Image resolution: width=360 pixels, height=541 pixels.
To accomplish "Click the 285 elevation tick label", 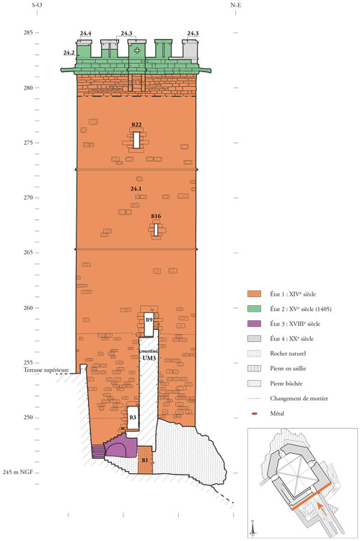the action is coord(28,32).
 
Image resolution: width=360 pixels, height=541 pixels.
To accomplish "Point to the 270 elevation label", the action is coord(28,198).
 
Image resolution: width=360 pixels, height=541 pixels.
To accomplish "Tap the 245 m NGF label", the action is coord(18,472).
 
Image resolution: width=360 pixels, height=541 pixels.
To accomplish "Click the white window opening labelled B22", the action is coord(136,140).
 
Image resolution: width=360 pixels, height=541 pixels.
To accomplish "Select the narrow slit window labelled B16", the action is coord(156,230).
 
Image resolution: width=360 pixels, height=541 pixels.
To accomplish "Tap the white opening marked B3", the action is coord(133,418).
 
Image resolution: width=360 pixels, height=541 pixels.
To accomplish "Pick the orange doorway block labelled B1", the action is coord(145,459).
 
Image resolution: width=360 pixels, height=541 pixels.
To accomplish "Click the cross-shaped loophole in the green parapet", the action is coord(137,50).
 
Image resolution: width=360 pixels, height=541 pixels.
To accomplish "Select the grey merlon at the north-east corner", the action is coord(190,51).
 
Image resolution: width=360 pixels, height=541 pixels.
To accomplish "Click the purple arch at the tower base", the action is coord(120,449).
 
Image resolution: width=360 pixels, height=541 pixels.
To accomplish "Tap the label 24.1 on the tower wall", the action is coord(136,189).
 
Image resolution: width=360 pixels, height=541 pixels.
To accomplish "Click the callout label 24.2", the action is coord(69,53).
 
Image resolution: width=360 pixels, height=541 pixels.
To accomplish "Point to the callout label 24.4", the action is coord(85,33).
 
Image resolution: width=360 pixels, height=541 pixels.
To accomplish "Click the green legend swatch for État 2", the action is coord(254,309).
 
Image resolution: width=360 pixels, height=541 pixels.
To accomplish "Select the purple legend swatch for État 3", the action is coord(254,324).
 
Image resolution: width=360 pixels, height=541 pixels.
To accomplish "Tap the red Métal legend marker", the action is coord(255,413).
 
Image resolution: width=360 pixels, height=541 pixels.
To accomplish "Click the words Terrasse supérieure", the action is coord(46,370).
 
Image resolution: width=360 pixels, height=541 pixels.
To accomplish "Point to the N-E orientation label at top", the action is coord(235,5).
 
